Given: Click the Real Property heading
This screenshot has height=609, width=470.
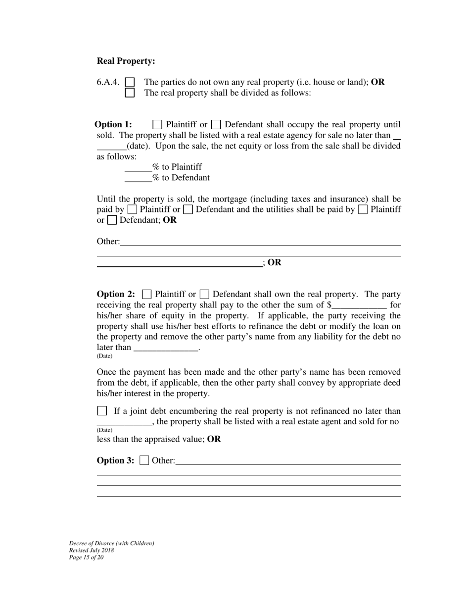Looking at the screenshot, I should (126, 61).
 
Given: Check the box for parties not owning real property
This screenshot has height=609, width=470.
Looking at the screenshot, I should (130, 82).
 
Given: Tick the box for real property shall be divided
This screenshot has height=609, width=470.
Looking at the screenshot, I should (130, 93).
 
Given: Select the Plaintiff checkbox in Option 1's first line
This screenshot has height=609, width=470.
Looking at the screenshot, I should (157, 124).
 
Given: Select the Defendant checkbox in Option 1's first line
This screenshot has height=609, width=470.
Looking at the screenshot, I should (216, 124).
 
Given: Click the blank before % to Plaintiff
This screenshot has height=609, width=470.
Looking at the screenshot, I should (138, 167).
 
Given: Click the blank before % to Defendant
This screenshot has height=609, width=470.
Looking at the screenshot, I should (138, 178).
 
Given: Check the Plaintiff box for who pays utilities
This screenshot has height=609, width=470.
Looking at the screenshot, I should (363, 209).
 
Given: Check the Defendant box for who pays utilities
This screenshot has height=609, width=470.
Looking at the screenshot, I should (112, 220).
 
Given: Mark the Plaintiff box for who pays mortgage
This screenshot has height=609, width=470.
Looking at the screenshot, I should (132, 209).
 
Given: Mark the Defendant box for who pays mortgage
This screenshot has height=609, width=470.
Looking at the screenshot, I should (188, 209).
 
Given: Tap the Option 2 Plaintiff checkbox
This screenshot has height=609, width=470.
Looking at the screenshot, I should (146, 294).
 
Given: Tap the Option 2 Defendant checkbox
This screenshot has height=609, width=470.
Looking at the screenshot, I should (204, 294).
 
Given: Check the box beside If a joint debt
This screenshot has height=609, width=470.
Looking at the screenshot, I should (102, 411).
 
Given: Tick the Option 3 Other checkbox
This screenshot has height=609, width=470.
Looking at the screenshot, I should (144, 460).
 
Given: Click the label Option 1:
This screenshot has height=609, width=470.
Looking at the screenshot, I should (113, 125).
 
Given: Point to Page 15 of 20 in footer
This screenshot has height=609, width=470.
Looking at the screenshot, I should (87, 558).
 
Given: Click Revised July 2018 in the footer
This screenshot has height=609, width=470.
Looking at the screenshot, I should (92, 551).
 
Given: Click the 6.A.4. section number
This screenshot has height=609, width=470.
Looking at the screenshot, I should (108, 82).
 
